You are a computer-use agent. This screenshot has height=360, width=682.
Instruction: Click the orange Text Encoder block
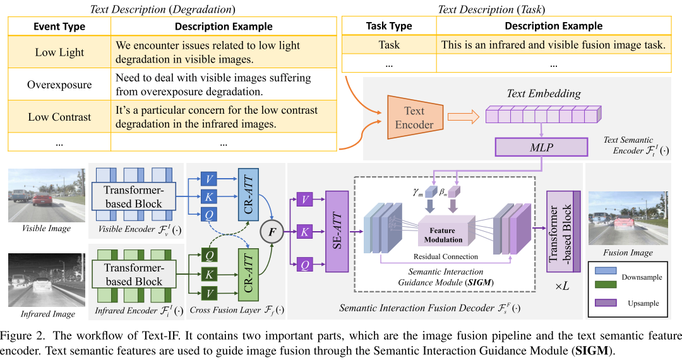[x=415, y=117]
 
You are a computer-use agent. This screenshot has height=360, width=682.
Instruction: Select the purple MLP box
[x=541, y=147]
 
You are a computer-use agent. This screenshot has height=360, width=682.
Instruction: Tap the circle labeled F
[x=272, y=232]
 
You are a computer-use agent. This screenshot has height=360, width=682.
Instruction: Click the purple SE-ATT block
[x=337, y=231]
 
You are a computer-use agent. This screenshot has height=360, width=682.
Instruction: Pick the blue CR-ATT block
[x=248, y=195]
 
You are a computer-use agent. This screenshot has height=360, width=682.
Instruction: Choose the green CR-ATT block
[x=248, y=275]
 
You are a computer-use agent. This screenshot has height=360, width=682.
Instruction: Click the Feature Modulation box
[x=443, y=235]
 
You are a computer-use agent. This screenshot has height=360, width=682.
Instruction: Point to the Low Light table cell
[x=59, y=52]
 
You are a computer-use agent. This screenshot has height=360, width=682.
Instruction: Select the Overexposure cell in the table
[x=59, y=85]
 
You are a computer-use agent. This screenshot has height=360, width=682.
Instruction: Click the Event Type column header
[x=59, y=27]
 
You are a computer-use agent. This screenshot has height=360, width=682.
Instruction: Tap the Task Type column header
[x=389, y=26]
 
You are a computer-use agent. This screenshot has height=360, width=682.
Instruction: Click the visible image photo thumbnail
[x=47, y=196]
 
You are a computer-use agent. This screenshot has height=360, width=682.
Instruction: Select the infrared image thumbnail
[x=47, y=280]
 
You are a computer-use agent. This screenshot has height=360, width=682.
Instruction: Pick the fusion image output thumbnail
[x=628, y=219]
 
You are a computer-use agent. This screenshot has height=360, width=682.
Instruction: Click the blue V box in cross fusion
[x=209, y=179]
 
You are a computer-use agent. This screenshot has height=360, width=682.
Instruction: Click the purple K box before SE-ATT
[x=304, y=232]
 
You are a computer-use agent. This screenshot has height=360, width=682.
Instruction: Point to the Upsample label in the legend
[x=643, y=303]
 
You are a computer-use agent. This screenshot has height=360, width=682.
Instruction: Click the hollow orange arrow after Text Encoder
[x=464, y=116]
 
